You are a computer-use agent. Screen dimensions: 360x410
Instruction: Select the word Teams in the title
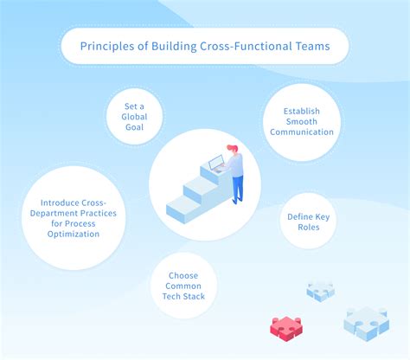pyautogui.click(x=312, y=47)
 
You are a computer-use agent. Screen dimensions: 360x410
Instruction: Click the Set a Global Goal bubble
pyautogui.click(x=133, y=116)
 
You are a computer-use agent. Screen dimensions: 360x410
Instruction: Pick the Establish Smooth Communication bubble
pyautogui.click(x=301, y=122)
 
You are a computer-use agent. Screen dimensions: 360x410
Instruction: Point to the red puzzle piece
pyautogui.click(x=285, y=326)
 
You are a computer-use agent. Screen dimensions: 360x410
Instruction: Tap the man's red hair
pyautogui.click(x=231, y=148)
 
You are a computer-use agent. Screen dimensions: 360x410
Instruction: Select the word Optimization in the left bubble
pyautogui.click(x=73, y=235)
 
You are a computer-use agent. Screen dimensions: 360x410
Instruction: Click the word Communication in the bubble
pyautogui.click(x=302, y=132)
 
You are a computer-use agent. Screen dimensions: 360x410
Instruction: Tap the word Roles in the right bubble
pyautogui.click(x=304, y=227)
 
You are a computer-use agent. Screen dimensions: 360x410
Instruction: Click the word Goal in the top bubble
pyautogui.click(x=133, y=126)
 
